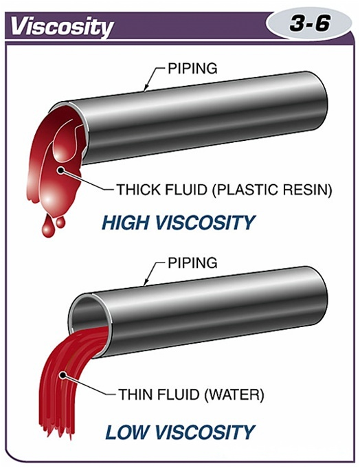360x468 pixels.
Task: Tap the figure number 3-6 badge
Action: (310, 23)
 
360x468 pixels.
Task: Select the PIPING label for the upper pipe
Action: (192, 68)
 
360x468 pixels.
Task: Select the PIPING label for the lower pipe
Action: (192, 263)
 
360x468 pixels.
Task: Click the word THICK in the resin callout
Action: (136, 190)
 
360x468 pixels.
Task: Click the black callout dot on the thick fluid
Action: (61, 170)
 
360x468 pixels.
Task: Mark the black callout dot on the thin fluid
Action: (63, 375)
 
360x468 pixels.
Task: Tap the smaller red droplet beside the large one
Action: (60, 222)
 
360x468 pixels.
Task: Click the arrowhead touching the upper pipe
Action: (146, 88)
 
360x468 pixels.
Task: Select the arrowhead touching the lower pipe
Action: (146, 283)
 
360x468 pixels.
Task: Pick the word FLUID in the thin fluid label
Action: (179, 394)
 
